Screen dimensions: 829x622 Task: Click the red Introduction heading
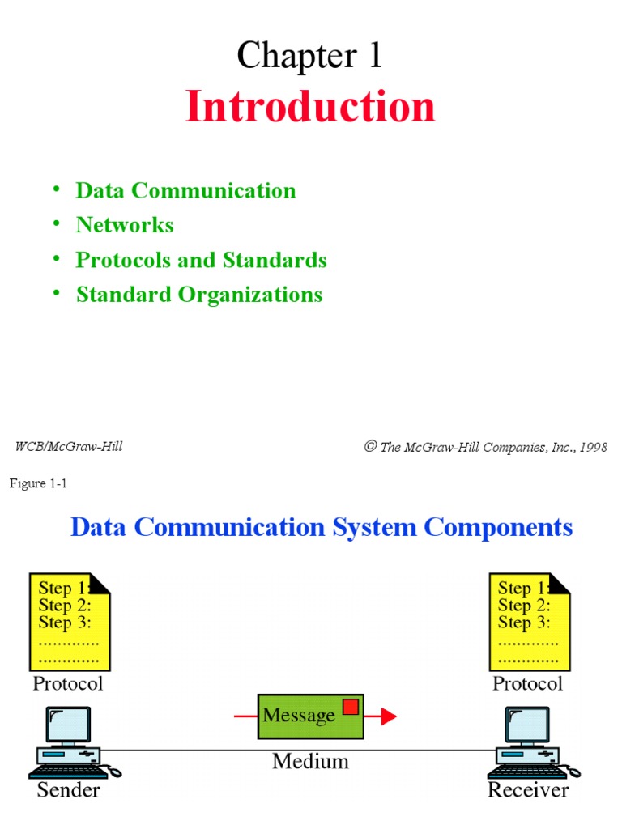click(x=310, y=107)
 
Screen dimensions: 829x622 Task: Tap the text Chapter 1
click(x=309, y=56)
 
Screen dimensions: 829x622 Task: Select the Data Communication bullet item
click(x=185, y=191)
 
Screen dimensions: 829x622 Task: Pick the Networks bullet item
click(x=125, y=225)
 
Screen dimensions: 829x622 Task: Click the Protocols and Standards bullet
click(x=201, y=260)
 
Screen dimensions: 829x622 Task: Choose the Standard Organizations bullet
click(x=199, y=295)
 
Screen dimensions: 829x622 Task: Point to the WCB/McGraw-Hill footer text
click(x=69, y=446)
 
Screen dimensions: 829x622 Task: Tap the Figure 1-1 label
click(x=37, y=483)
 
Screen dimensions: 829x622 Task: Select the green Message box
click(x=309, y=716)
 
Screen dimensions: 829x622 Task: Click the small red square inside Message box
click(x=350, y=707)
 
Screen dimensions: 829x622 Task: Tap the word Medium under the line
click(x=310, y=761)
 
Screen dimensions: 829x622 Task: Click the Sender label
click(x=69, y=789)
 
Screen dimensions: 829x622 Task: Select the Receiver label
click(x=528, y=789)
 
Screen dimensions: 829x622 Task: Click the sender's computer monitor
click(x=68, y=725)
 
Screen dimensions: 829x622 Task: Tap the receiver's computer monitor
click(x=527, y=725)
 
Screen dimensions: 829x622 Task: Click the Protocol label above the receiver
click(x=527, y=683)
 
